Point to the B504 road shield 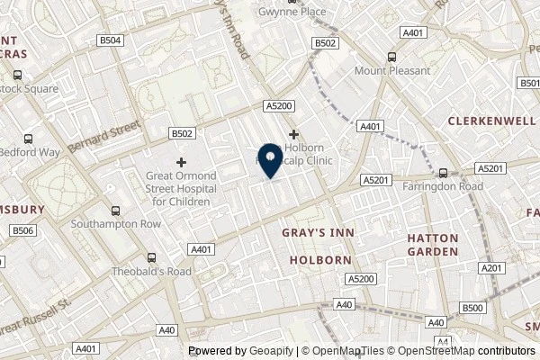click(x=109, y=41)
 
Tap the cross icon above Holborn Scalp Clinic click(x=293, y=133)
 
